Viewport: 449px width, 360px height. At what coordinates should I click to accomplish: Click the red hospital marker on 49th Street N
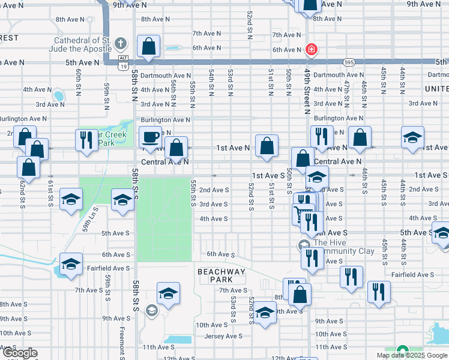[311, 49]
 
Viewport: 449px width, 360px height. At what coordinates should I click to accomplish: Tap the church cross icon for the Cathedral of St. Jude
[121, 44]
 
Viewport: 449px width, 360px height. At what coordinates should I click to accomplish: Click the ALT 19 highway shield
[122, 58]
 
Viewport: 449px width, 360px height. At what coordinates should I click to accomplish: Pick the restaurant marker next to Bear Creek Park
[86, 139]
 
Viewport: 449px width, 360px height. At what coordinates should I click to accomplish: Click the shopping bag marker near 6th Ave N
[148, 46]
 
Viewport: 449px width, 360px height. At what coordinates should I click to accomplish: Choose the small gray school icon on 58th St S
[151, 310]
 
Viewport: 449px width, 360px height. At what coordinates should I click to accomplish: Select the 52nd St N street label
[249, 25]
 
